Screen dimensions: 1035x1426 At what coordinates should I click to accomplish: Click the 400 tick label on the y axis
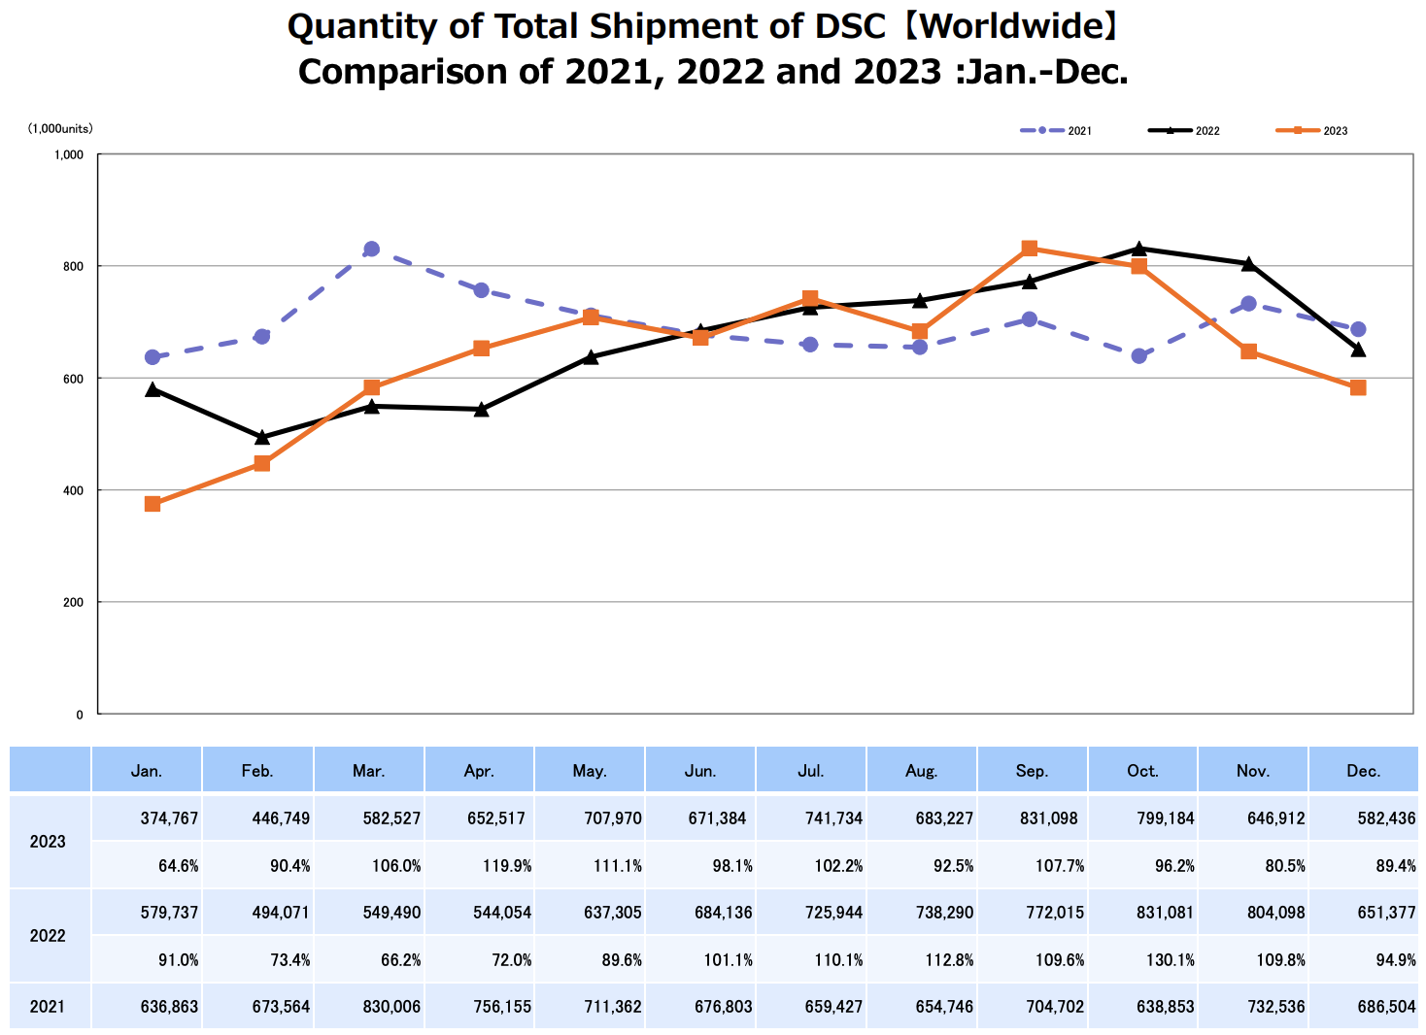(x=74, y=490)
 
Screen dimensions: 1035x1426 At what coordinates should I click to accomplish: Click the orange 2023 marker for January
(x=153, y=504)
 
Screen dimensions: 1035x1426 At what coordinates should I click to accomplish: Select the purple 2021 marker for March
(x=371, y=250)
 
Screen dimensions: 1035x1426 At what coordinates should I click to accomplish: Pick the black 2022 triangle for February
(x=262, y=438)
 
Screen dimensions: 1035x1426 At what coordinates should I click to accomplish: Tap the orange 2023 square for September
(x=1030, y=249)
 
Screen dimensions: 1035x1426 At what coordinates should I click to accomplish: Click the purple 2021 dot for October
(x=1139, y=356)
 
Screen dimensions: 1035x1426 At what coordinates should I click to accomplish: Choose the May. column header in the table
(x=590, y=771)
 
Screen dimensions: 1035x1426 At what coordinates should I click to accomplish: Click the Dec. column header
(x=1364, y=771)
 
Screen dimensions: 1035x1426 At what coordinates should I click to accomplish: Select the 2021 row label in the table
(x=48, y=1007)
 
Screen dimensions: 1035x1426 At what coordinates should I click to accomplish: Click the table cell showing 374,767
(x=169, y=818)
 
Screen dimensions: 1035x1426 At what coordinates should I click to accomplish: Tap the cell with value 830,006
(x=391, y=1007)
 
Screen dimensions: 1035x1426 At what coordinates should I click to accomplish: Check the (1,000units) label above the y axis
(x=60, y=128)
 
